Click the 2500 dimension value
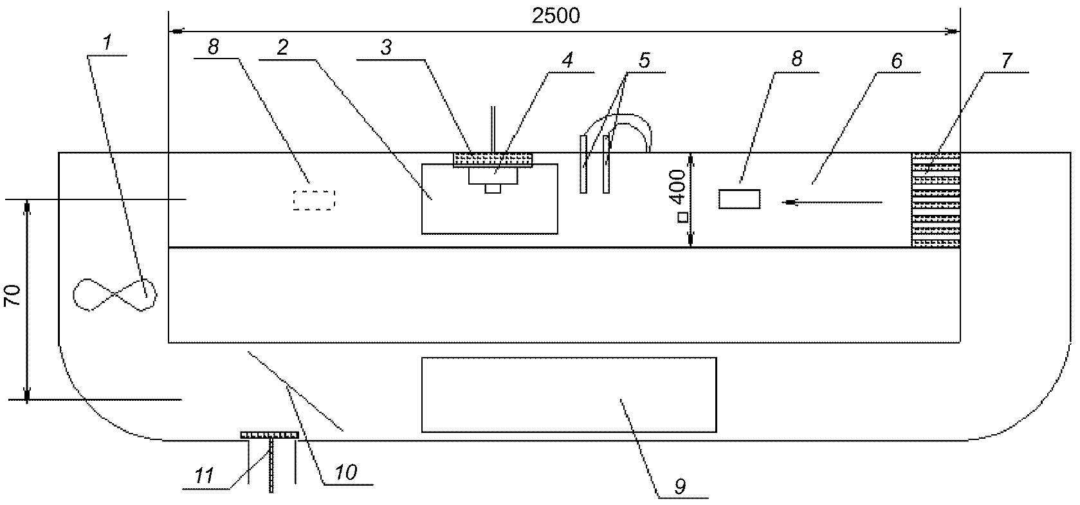coord(556,16)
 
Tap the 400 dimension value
coord(679,187)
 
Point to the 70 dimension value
coord(12,295)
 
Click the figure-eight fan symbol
coord(114,295)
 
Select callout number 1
coord(107,42)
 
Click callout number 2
coord(282,47)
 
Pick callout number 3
coord(386,47)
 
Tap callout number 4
coord(567,60)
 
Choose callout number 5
coord(644,60)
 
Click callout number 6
coord(896,60)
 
